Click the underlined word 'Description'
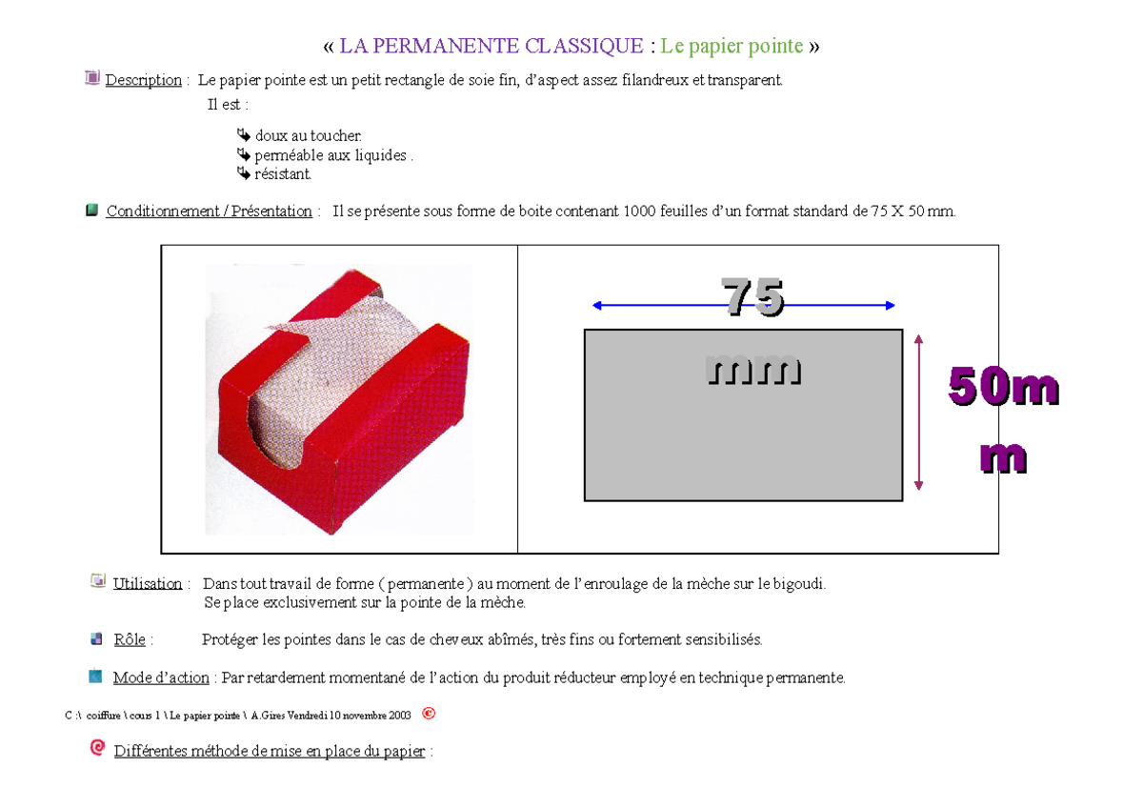click(x=143, y=80)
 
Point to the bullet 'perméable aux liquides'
click(x=331, y=155)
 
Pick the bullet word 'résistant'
click(x=282, y=174)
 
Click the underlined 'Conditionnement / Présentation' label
click(x=209, y=212)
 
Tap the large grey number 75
click(x=752, y=296)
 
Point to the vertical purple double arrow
click(x=918, y=413)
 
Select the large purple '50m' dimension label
click(x=1002, y=389)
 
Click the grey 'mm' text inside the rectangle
click(x=752, y=370)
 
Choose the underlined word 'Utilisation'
click(x=147, y=584)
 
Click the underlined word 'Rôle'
click(x=129, y=640)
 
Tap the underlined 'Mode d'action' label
click(x=161, y=678)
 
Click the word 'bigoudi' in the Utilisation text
click(x=799, y=584)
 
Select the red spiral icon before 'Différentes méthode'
click(x=97, y=749)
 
